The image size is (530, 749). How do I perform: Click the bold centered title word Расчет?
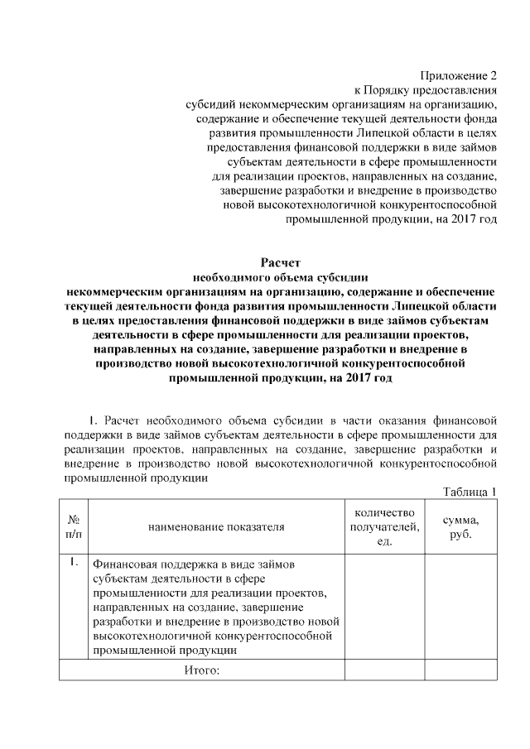280,262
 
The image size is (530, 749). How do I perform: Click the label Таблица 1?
470,492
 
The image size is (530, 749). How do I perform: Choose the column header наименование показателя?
216,526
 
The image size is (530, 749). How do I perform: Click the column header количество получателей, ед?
384,526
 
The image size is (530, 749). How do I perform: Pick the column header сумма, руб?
460,526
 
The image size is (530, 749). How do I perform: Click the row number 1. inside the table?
73,564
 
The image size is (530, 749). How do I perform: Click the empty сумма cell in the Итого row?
460,670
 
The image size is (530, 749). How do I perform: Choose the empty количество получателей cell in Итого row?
384,670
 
